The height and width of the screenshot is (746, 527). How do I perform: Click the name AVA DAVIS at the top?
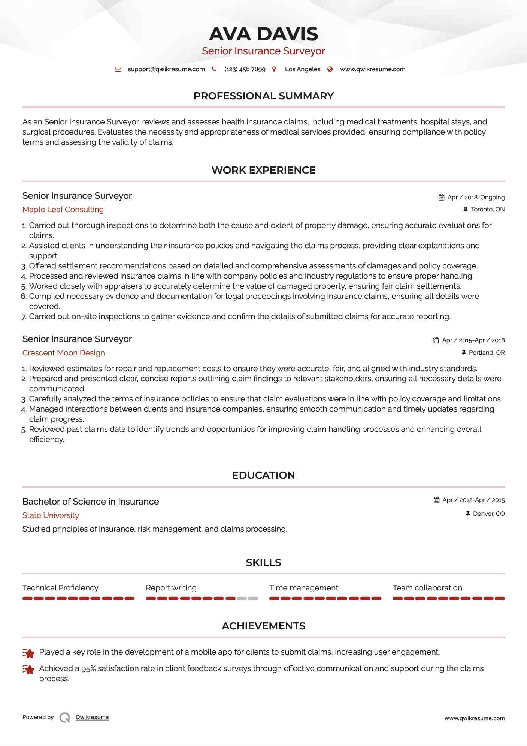pos(263,34)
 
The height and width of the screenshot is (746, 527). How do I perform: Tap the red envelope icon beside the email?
pos(118,69)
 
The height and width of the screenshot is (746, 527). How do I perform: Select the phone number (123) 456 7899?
pos(245,69)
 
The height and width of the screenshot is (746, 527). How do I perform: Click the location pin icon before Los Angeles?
pos(274,69)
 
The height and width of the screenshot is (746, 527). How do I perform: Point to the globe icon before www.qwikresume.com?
pos(330,69)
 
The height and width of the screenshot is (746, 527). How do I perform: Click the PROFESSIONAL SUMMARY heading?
pos(263,96)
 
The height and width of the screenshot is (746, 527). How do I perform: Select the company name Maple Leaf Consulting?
pos(63,210)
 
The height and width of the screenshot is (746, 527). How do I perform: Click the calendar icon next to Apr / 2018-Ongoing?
pos(441,198)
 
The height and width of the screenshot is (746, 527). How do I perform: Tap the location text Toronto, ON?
pos(487,210)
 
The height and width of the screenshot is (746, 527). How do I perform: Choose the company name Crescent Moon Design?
pos(63,353)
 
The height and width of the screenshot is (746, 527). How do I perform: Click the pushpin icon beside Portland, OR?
pos(464,353)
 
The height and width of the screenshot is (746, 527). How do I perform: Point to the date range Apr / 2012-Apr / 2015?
pos(473,500)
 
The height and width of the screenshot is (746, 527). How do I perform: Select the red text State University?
pos(51,515)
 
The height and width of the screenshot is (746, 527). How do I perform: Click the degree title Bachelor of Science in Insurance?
pos(91,502)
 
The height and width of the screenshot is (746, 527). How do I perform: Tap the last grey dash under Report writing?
pos(253,599)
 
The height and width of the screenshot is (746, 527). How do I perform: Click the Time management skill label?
pos(303,588)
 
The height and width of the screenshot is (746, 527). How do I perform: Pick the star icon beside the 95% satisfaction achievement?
pos(28,670)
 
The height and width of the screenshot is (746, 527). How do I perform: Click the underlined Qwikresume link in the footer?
pos(92,717)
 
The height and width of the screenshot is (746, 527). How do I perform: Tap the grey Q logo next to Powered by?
pos(65,718)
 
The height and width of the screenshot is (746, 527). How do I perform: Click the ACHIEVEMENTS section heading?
pos(263,626)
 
